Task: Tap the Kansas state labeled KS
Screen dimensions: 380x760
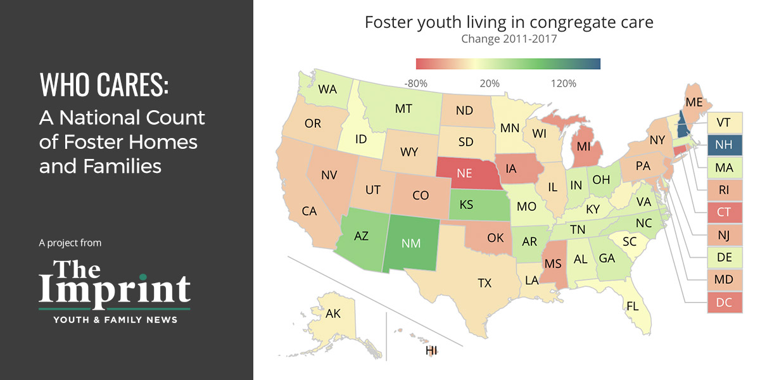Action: [466, 205]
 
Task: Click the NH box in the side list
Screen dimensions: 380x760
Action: [723, 144]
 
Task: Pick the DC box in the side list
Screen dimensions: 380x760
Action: [723, 303]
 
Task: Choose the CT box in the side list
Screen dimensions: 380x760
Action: [723, 212]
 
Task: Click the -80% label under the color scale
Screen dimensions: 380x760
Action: [416, 84]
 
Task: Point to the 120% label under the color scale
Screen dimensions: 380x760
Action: [563, 84]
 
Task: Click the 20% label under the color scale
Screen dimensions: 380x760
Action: [490, 84]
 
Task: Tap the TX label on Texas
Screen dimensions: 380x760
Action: [484, 283]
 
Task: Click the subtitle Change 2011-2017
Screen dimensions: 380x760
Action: [509, 39]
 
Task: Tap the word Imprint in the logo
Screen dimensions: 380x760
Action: [114, 289]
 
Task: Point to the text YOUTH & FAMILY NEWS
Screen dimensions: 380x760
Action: [115, 320]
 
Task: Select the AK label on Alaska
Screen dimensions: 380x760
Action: [333, 313]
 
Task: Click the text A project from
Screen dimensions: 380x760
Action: [70, 243]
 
